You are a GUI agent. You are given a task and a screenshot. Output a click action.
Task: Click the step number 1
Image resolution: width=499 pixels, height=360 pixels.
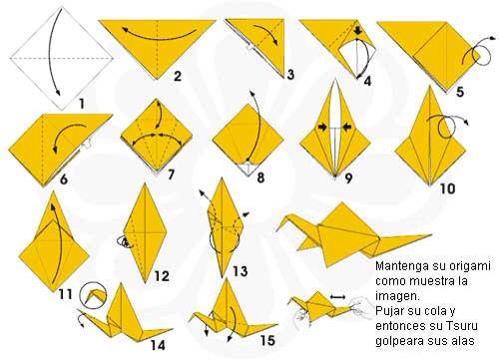pos(82,103)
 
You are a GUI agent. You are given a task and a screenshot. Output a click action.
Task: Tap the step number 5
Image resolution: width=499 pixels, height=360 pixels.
pos(460,92)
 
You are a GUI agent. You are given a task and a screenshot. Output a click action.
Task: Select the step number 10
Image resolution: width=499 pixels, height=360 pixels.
pos(447,188)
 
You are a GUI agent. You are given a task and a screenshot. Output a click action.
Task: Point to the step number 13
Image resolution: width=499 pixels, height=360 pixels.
pos(240,271)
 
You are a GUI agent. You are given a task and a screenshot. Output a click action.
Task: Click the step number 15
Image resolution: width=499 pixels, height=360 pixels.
pos(267,340)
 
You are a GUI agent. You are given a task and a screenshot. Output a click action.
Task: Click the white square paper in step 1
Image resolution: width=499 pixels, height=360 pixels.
pos(62,58)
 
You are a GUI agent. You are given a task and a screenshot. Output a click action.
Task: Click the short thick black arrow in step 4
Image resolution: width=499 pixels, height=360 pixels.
pos(357,31)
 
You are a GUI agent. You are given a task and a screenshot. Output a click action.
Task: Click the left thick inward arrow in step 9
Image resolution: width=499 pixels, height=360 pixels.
pos(322,127)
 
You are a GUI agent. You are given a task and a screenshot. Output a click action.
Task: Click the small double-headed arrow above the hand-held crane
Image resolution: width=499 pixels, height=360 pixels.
pos(338,297)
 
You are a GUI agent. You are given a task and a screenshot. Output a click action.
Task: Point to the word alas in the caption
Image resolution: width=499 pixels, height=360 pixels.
pos(462,340)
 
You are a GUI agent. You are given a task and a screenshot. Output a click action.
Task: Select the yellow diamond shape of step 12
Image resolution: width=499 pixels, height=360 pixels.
pos(145,232)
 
